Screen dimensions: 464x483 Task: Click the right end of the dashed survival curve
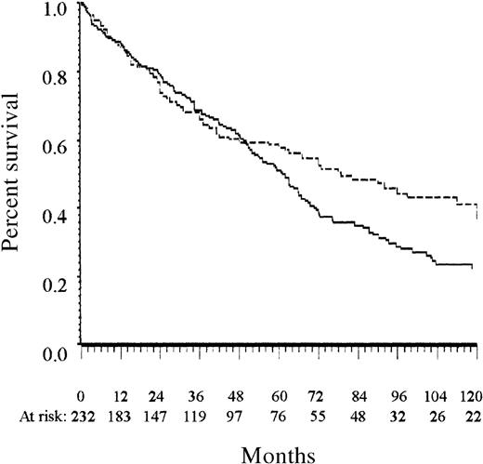[x=476, y=218]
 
